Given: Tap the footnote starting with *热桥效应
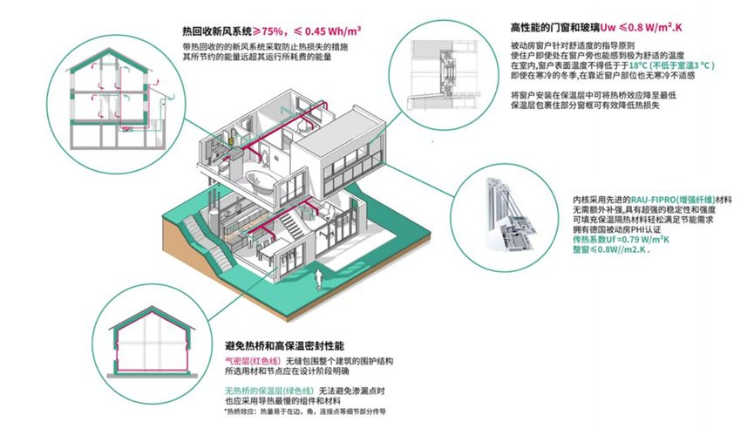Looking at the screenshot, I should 304,411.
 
